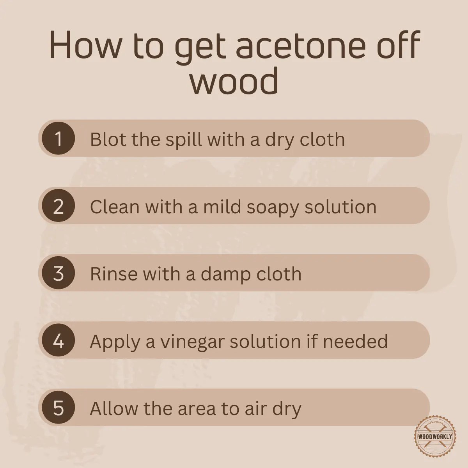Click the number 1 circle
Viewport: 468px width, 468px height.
(58, 138)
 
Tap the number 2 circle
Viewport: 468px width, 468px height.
(58, 206)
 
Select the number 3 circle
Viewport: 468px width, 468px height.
(58, 273)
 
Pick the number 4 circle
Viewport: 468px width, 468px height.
(58, 341)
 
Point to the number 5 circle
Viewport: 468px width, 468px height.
(58, 408)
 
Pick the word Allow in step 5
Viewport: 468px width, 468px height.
(114, 408)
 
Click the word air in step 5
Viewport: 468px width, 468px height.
(258, 409)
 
